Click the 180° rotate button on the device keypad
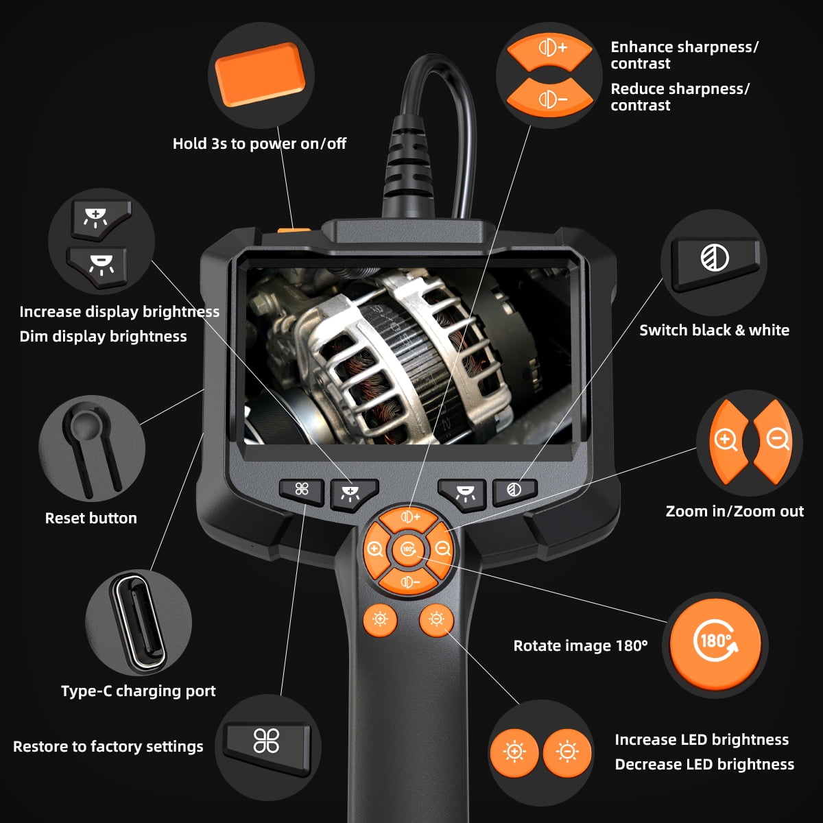[408, 549]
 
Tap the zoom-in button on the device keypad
[375, 549]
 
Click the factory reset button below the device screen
[302, 490]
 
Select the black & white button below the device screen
[514, 490]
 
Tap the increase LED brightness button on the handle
[380, 620]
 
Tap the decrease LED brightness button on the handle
[436, 620]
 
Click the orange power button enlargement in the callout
[260, 73]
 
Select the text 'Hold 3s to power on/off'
[259, 143]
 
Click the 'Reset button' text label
[91, 518]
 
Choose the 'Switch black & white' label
[714, 330]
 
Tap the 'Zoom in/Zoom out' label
[735, 511]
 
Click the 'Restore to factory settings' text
[108, 746]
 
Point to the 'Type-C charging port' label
[138, 691]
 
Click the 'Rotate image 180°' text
[580, 645]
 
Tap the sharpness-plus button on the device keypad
[409, 517]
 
